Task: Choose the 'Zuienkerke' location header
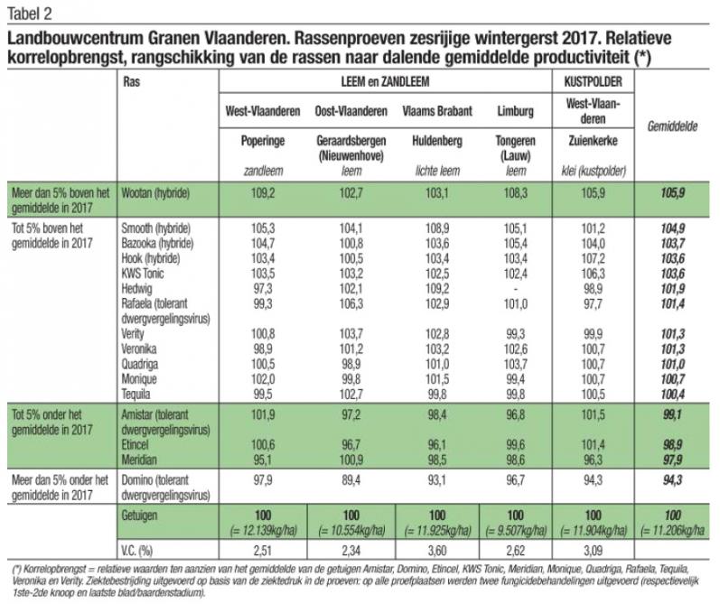pyautogui.click(x=593, y=142)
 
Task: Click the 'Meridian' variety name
pyautogui.click(x=140, y=459)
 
